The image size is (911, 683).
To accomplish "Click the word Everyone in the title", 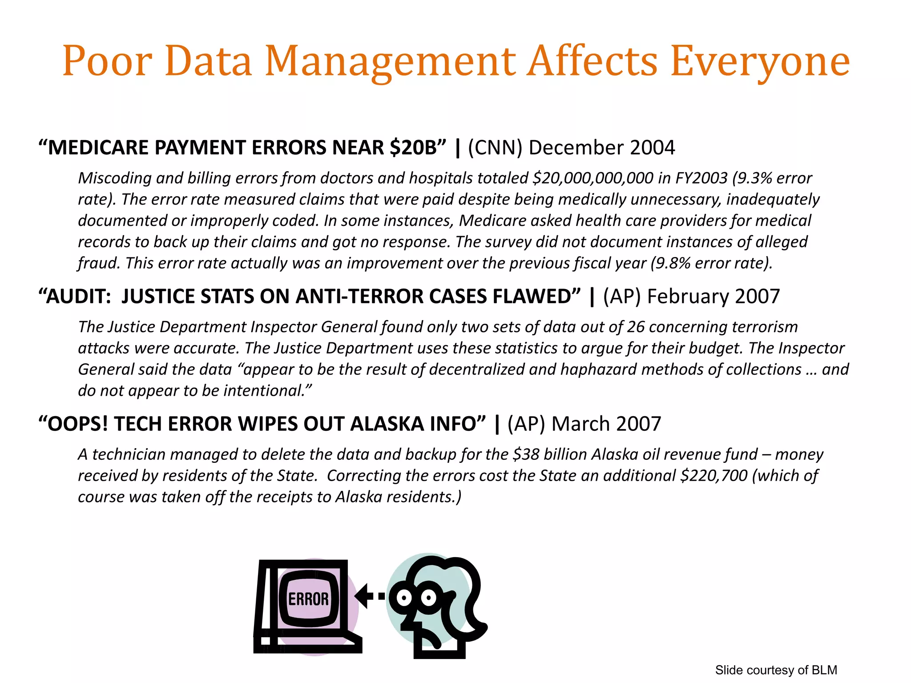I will point(760,61).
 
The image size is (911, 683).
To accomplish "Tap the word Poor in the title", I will point(107,61).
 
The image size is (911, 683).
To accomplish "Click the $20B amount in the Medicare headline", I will point(413,148).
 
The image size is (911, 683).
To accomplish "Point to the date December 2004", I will point(602,148).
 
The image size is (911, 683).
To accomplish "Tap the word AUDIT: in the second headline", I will point(78,297).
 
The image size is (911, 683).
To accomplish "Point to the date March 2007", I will point(606,424).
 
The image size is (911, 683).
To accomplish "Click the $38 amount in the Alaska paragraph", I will point(526,454).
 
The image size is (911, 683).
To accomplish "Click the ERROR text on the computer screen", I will point(308,599).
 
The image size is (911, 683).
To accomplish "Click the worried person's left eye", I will point(404,598).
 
